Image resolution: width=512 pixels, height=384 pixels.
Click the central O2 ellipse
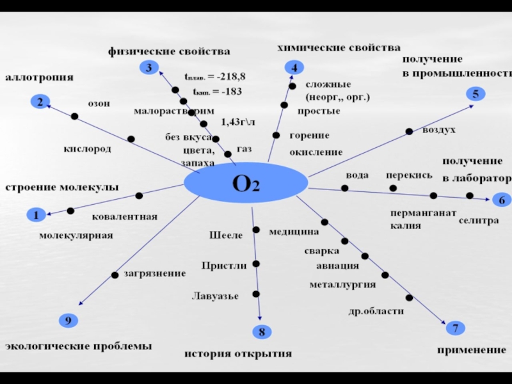click(x=246, y=184)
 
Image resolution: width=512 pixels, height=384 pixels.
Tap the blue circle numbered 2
click(x=40, y=101)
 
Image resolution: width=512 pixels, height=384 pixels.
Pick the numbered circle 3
click(x=148, y=67)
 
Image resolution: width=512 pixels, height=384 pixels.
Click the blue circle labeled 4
click(x=294, y=67)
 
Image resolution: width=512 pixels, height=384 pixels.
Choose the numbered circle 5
click(x=476, y=93)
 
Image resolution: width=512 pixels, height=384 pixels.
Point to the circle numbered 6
click(x=502, y=200)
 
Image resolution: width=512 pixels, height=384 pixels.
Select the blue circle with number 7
click(x=455, y=328)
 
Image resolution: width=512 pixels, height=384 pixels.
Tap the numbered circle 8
click(x=261, y=332)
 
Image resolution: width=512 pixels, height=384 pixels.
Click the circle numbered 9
click(x=68, y=320)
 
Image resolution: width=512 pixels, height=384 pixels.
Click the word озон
click(x=99, y=103)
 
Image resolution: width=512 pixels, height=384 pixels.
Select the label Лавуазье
click(x=216, y=296)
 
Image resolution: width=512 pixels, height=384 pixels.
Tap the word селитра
click(x=479, y=220)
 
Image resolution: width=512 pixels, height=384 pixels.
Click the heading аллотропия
click(x=40, y=77)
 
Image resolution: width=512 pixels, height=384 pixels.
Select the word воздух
click(x=439, y=131)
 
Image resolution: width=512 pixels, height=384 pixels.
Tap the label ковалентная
click(x=124, y=217)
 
